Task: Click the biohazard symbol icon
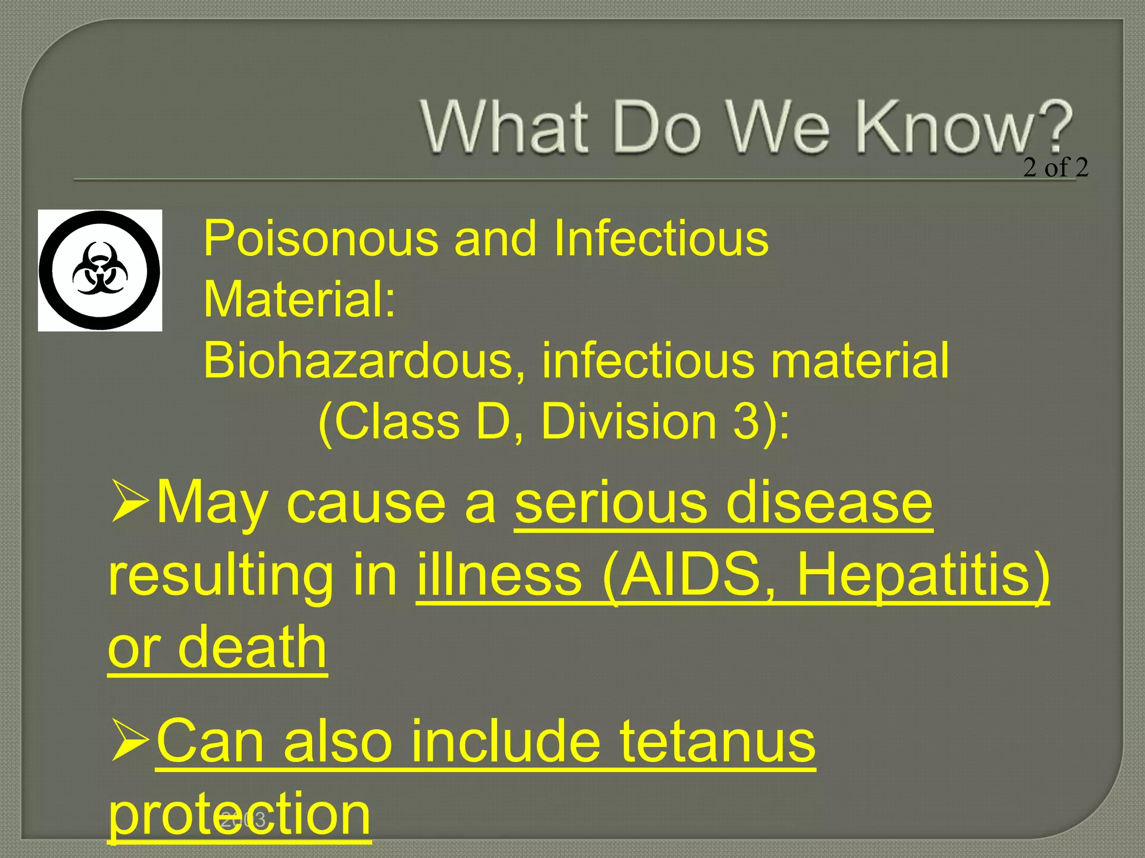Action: coord(100,270)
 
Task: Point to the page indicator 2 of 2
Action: coord(1056,168)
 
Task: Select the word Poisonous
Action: coord(321,239)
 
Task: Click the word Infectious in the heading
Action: coord(661,239)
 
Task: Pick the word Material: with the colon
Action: coord(300,300)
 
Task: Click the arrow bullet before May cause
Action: coord(130,500)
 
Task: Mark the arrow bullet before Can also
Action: coord(130,740)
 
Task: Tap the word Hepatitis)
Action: coord(922,575)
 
